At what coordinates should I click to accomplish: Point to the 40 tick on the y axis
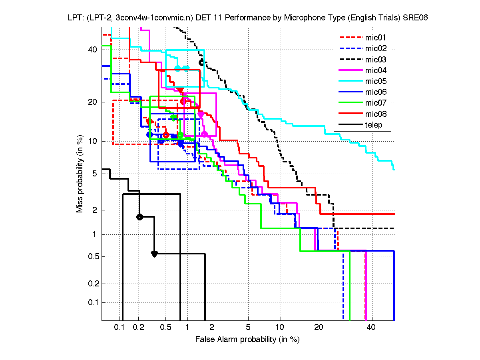[x=93, y=50]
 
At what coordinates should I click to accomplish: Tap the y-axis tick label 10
[x=93, y=141]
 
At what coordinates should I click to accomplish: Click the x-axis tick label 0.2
[x=138, y=328]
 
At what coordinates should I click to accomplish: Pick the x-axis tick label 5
[x=248, y=328]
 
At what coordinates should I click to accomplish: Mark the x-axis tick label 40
[x=371, y=328]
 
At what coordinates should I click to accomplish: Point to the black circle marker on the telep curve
[x=139, y=217]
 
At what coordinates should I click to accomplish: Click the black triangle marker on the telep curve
[x=154, y=254]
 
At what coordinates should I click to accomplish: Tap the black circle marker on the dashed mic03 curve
[x=202, y=62]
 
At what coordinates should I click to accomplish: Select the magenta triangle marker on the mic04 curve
[x=201, y=114]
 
